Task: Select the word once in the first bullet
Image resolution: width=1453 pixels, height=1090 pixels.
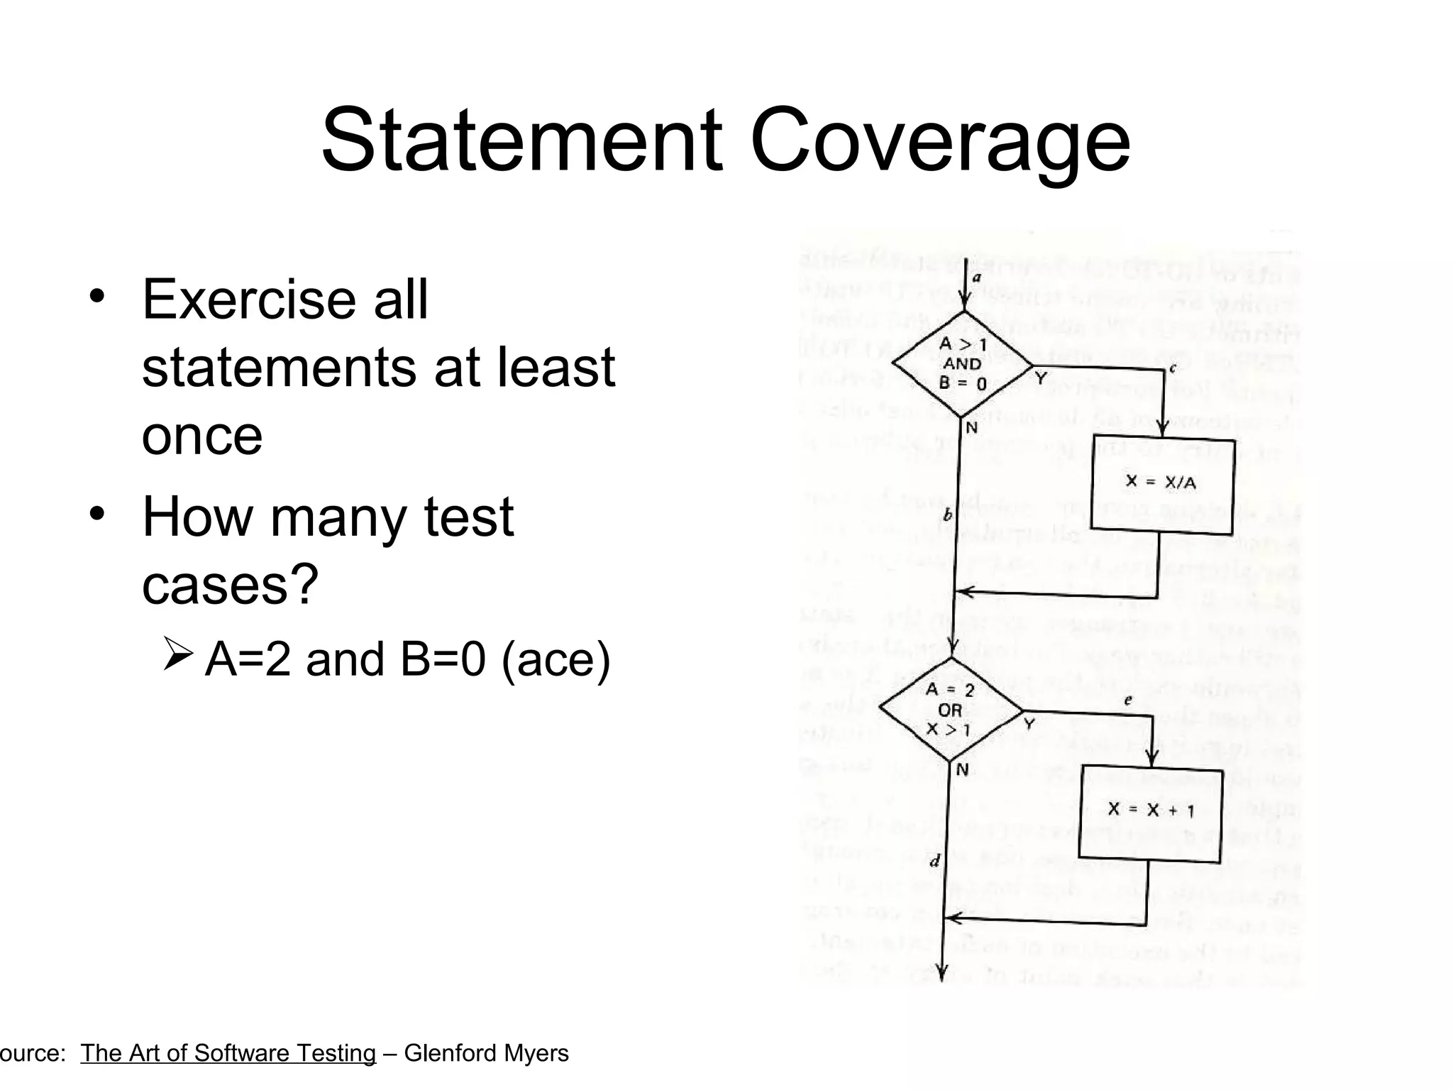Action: [x=202, y=436]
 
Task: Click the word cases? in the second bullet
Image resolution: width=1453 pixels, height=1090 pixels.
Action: [x=231, y=585]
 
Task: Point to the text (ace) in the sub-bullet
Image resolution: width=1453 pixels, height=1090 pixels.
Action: [x=556, y=659]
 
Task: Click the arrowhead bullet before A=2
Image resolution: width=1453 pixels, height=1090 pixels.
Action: [x=177, y=654]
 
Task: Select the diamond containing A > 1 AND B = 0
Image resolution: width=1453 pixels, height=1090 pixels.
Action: [x=962, y=364]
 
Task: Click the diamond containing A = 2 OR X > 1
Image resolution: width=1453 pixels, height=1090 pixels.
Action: [x=951, y=710]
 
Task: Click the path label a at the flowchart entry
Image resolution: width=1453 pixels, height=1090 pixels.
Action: [x=977, y=278]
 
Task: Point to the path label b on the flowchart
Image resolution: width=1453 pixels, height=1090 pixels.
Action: [x=947, y=515]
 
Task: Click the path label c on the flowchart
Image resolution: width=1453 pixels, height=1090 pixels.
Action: [x=1172, y=368]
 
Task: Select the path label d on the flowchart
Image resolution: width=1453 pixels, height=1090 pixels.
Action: [x=934, y=861]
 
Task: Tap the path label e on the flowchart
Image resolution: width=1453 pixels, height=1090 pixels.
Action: [x=1128, y=700]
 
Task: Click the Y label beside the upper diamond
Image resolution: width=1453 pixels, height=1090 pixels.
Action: [x=1041, y=379]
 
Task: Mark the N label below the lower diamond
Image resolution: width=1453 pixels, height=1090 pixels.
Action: [x=962, y=769]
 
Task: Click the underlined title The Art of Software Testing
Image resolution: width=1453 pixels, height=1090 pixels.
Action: [x=228, y=1053]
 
